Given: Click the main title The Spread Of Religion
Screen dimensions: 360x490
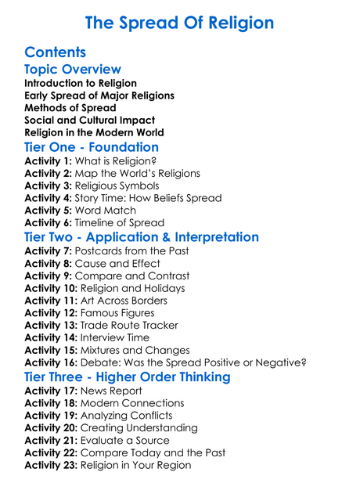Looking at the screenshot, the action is (x=179, y=23).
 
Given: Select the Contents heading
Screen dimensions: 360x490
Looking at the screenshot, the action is (x=55, y=52).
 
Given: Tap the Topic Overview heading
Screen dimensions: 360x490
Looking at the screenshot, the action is (x=73, y=70).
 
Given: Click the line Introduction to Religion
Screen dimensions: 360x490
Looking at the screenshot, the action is (x=81, y=83).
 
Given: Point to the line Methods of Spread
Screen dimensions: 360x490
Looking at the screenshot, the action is (x=70, y=108).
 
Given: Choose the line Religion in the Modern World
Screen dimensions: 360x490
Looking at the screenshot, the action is (x=95, y=133).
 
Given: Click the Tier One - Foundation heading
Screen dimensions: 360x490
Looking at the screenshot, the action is (x=92, y=147).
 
